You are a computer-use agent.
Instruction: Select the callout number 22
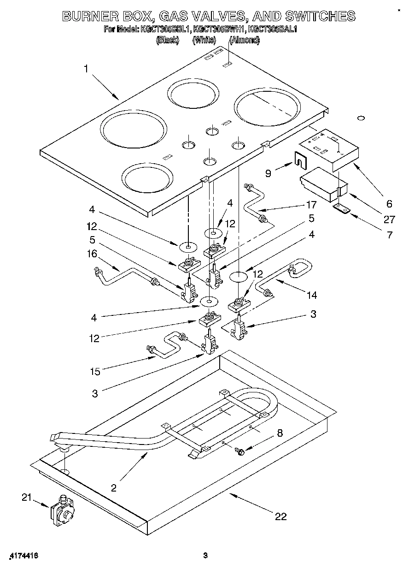point(280,516)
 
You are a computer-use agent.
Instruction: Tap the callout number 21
point(27,497)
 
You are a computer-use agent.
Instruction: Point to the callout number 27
point(389,220)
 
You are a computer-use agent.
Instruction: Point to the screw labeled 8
point(240,450)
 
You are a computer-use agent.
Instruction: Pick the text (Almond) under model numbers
point(244,40)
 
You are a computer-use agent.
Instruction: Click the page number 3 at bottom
point(206,556)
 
